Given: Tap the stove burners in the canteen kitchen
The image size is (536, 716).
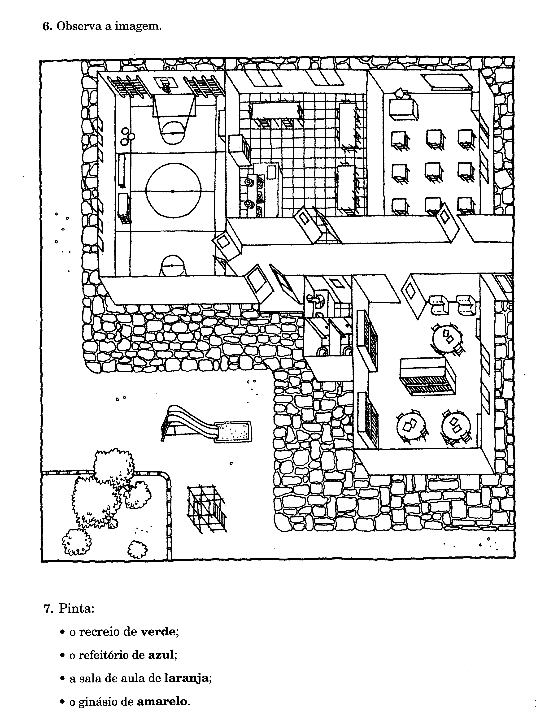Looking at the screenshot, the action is tap(249, 194).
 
